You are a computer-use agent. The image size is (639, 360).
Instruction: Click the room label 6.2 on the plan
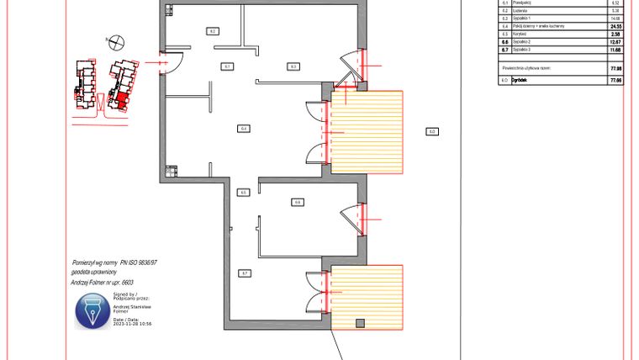pos(213,31)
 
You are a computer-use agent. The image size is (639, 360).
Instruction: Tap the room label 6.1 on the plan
pos(227,66)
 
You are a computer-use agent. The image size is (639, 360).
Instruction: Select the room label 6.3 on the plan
pos(293,66)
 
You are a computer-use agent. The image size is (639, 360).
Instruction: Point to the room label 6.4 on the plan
pos(244,129)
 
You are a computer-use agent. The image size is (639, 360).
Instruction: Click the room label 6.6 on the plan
pos(298,202)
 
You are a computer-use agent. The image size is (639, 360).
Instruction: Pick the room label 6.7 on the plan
pos(244,273)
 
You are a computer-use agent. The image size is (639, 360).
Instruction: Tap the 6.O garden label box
pos(432,131)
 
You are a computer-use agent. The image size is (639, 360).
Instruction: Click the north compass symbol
pos(115,40)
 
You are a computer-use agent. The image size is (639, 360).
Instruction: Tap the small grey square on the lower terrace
pos(360,322)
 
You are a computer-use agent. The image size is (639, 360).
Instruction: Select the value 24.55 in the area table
pos(615,26)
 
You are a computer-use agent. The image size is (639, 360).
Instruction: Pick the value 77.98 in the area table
pos(615,68)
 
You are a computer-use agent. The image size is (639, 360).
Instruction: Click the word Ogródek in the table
pos(520,80)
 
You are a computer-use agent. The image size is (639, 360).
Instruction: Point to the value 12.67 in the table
pos(615,41)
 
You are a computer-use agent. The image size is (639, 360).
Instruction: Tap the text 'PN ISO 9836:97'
pos(139,262)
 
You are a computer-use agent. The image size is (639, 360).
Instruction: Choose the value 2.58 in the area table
pos(615,34)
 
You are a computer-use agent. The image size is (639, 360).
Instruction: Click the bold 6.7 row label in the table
pos(505,49)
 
